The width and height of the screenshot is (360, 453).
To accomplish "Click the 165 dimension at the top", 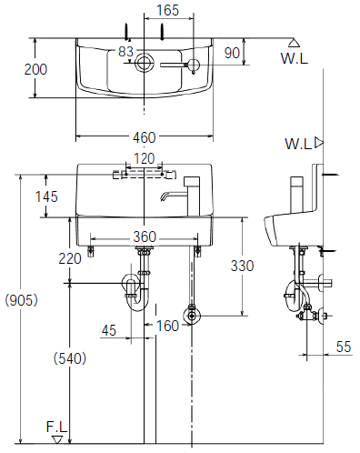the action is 168,10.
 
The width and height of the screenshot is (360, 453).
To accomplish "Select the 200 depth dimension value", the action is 35,69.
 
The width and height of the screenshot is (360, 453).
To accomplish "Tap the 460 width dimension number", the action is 145,137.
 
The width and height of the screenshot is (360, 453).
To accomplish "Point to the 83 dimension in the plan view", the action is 125,52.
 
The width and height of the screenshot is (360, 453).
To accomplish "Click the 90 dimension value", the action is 232,53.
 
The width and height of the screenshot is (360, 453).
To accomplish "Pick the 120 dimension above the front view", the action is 145,158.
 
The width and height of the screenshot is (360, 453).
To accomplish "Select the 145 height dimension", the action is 46,196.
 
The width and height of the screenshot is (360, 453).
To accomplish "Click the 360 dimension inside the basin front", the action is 145,237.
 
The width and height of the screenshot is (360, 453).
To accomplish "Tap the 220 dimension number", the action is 70,258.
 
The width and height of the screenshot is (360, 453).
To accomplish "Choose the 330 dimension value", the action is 242,266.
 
